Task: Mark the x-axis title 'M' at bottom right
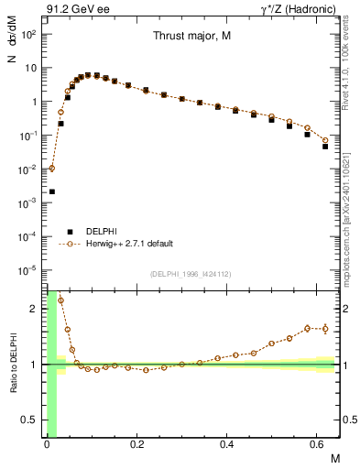click(335, 455)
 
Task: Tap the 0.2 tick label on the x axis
click(138, 443)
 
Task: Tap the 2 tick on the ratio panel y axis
click(36, 309)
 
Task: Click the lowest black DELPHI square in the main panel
click(52, 191)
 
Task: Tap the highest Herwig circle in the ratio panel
click(61, 300)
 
